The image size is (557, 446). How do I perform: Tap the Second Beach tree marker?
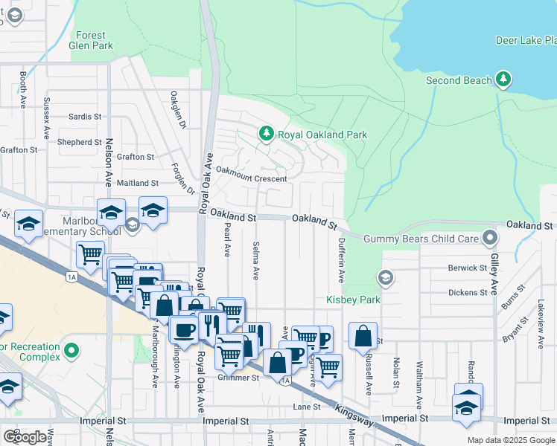point(504,80)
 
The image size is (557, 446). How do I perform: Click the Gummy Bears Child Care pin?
point(489,238)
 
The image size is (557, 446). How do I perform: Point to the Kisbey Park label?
point(353,300)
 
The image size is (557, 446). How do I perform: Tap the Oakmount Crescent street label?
point(251,179)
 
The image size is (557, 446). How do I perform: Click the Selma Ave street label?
point(255,260)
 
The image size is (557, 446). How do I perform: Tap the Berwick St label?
point(467,268)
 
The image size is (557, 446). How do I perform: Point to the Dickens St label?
point(468,293)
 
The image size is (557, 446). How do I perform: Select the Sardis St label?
point(84,117)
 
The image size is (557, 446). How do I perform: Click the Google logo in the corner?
point(25,437)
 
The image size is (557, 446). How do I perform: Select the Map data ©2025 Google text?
point(510,440)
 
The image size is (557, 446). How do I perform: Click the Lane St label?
point(306,407)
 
